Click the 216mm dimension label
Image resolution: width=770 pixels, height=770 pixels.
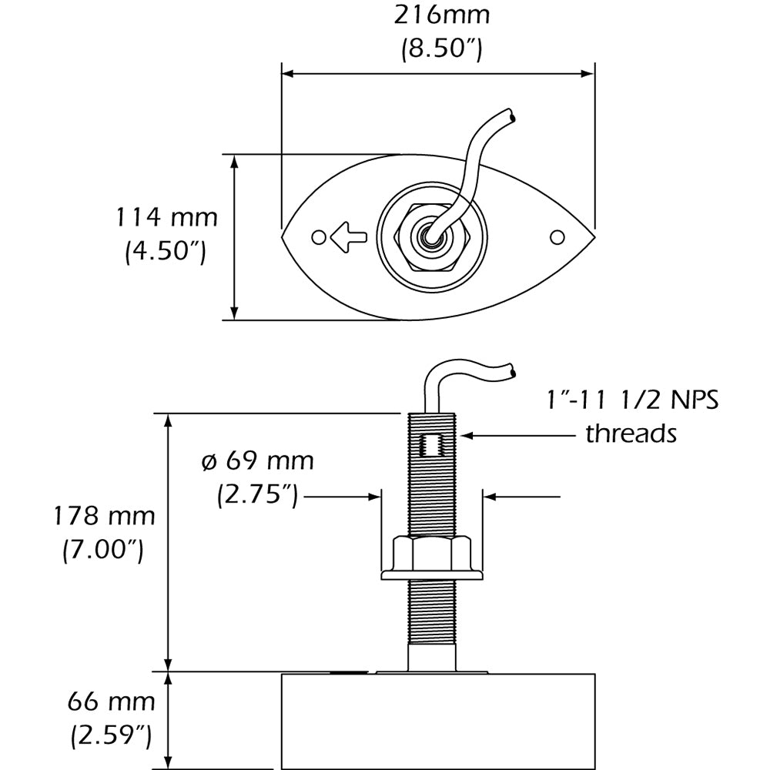[x=441, y=15]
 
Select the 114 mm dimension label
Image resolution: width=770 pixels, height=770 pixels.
[x=166, y=218]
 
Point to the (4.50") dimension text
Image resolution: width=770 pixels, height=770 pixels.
[x=166, y=253]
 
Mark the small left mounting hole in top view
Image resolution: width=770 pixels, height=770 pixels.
[x=316, y=236]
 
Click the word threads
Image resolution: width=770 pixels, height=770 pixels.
[x=631, y=434]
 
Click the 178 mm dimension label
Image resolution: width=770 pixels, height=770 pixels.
[x=102, y=516]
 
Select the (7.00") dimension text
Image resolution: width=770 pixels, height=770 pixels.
[x=102, y=550]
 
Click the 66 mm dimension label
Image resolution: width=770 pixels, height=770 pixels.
[x=112, y=702]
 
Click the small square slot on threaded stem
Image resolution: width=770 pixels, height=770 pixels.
[x=431, y=445]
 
